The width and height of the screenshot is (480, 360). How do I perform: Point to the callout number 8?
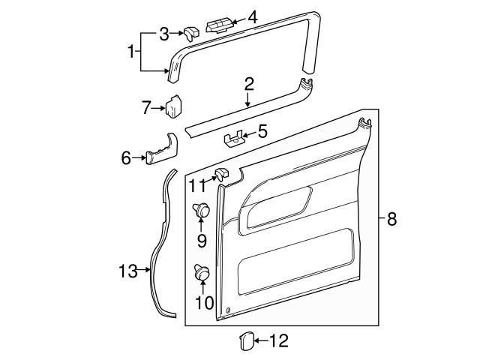(391, 219)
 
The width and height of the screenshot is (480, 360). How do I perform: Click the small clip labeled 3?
(190, 32)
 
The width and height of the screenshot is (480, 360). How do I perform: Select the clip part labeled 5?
(235, 138)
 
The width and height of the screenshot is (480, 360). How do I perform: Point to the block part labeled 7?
(175, 107)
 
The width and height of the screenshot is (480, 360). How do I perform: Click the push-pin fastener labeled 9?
(202, 212)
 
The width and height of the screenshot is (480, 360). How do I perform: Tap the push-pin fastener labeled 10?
(202, 274)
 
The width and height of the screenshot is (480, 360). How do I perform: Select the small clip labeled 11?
(221, 175)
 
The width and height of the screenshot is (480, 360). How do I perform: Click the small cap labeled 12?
(245, 341)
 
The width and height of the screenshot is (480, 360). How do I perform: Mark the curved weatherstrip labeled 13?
(157, 247)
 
